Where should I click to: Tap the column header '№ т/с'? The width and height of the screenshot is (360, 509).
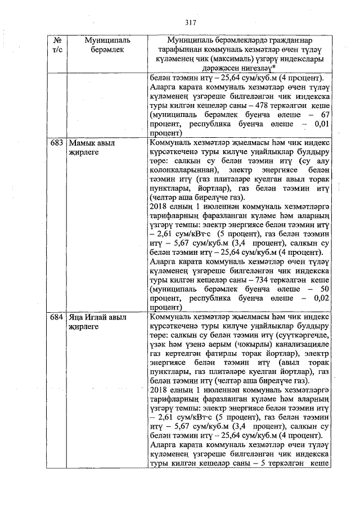57,46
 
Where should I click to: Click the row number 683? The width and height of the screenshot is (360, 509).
57,143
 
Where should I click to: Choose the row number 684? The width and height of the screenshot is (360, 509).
57,317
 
